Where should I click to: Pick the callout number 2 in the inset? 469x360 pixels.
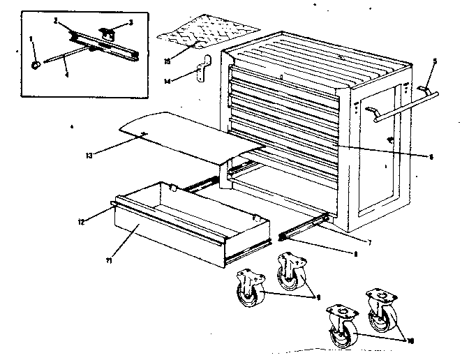tap(55, 22)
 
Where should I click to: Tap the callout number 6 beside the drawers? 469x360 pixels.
tap(431, 157)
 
